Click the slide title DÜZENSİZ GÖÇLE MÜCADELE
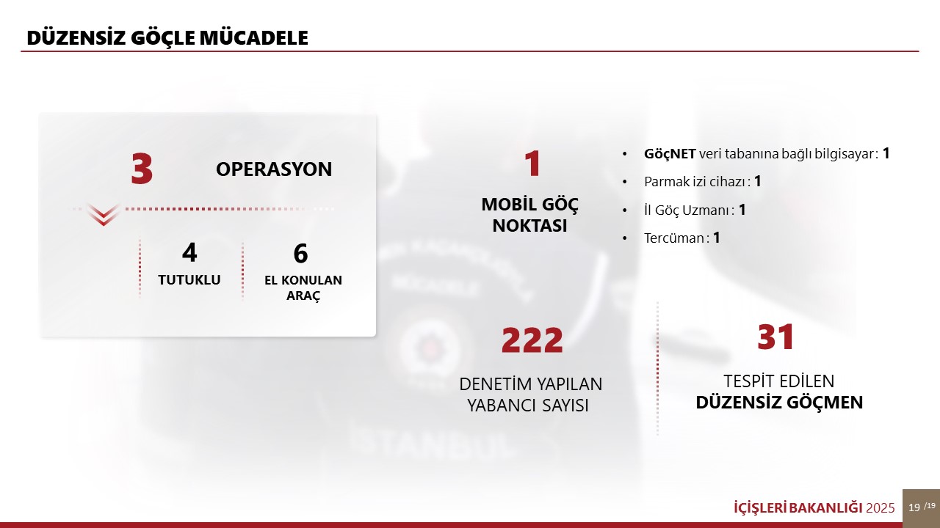pos(167,37)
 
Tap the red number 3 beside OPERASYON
pos(142,169)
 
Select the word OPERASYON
pos(274,169)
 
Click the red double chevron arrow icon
pos(104,214)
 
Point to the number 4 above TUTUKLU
pos(189,252)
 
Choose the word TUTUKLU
pos(189,280)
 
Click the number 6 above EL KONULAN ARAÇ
pos(300,253)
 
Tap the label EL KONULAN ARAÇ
pos(303,287)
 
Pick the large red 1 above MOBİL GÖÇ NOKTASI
pos(532,164)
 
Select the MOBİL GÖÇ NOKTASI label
pos(529,215)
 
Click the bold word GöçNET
pos(670,154)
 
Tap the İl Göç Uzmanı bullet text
pos(695,210)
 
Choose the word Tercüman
pos(674,238)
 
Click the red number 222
pos(532,340)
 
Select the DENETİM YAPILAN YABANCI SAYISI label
pos(530,395)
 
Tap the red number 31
pos(775,337)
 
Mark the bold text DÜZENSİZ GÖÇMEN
pos(779,403)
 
